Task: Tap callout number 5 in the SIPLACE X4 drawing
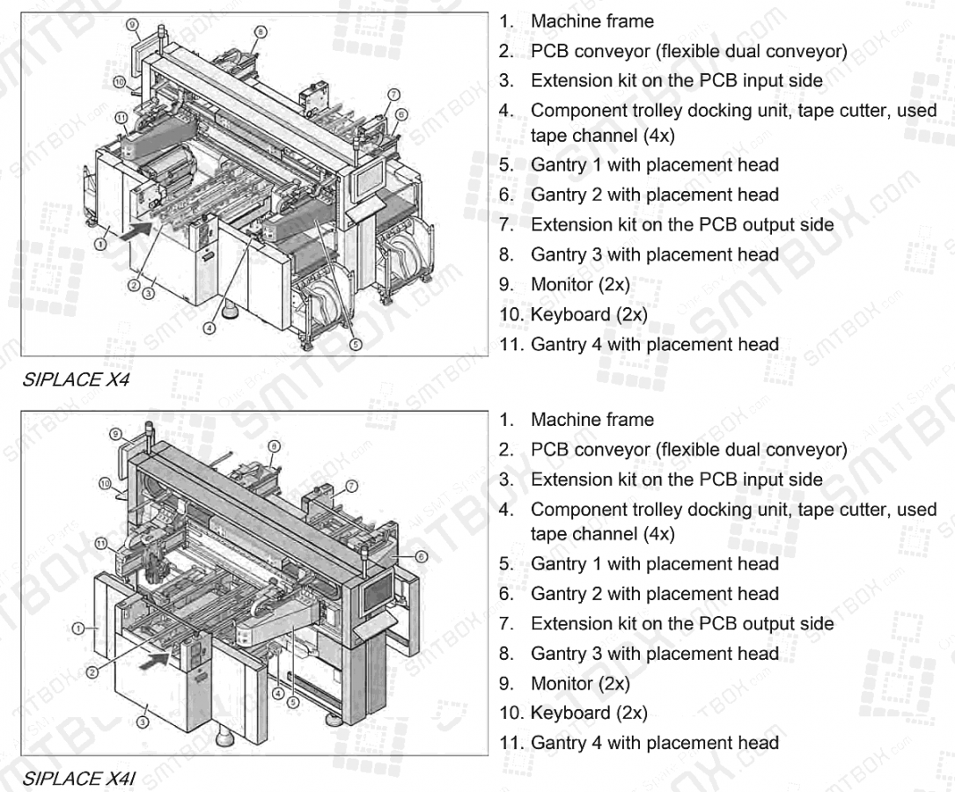pos(356,345)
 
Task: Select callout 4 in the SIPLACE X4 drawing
pos(209,327)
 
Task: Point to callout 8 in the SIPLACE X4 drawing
pos(260,33)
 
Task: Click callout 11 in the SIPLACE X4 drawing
pos(121,117)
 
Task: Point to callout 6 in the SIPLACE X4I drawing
pos(421,556)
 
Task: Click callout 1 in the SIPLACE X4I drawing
pos(78,627)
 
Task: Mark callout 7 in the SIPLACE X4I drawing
pos(351,485)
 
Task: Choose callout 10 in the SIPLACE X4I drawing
pos(106,483)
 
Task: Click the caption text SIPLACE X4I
pos(76,778)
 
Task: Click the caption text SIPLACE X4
pos(72,380)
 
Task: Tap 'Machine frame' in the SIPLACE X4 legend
pos(591,21)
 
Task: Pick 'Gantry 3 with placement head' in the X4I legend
pos(654,653)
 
